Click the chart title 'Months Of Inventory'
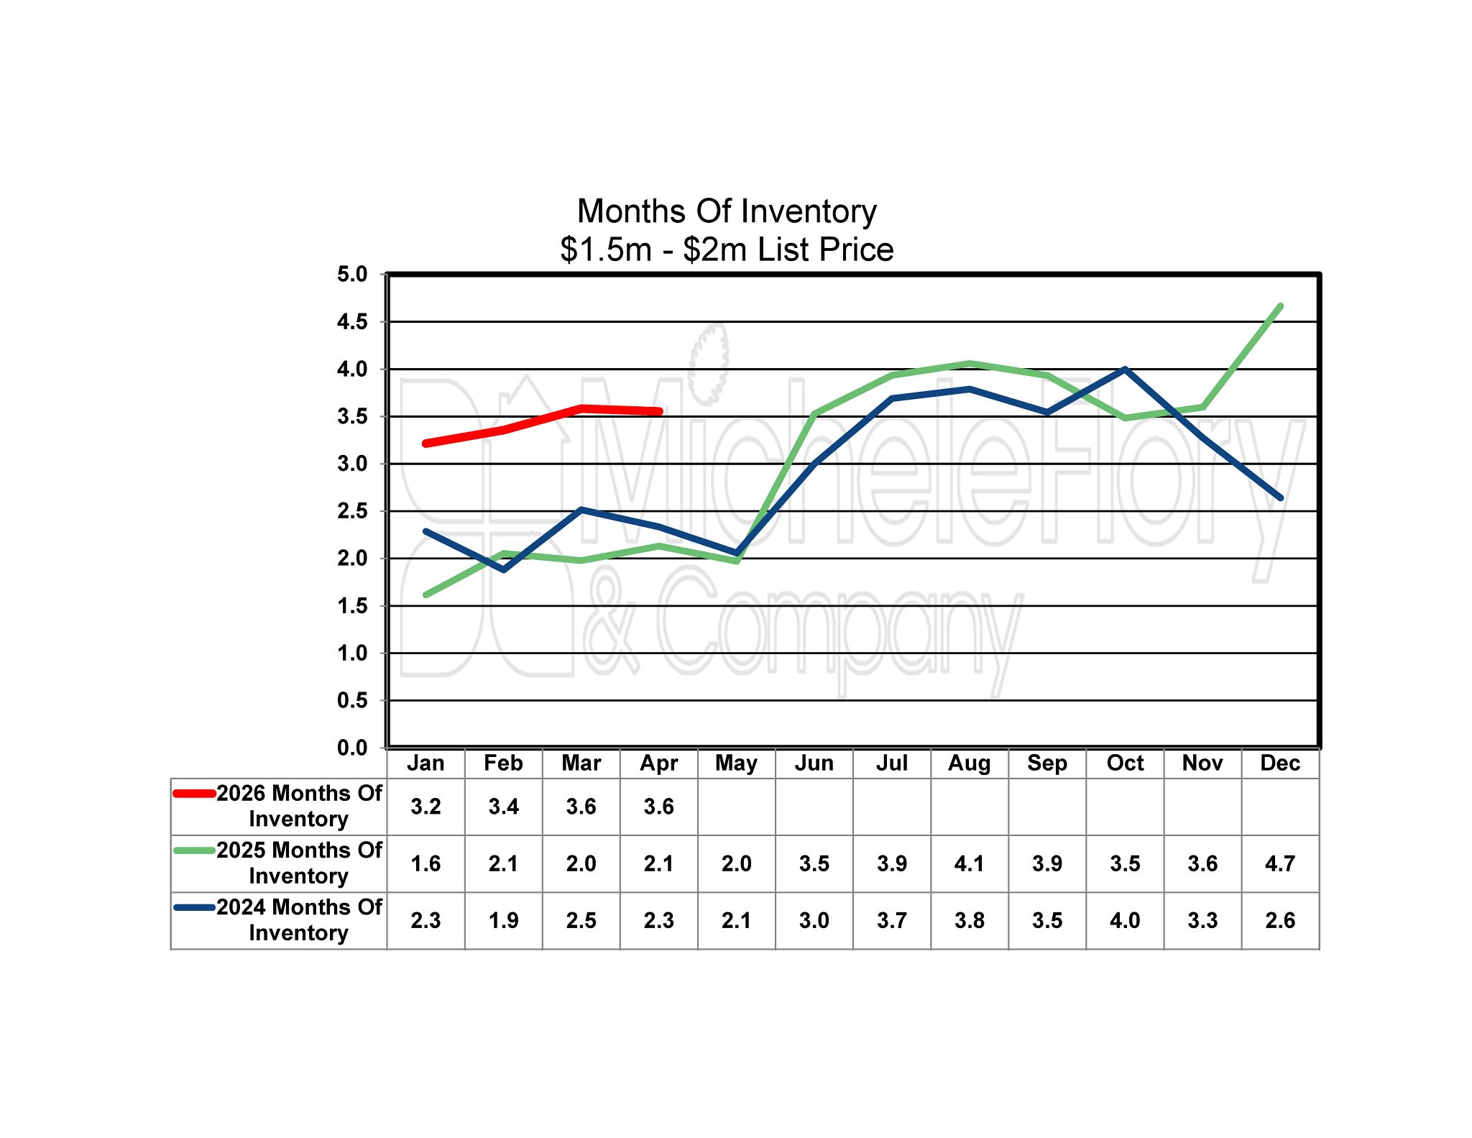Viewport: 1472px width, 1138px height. click(x=727, y=211)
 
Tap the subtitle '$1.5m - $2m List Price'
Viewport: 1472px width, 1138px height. click(x=727, y=249)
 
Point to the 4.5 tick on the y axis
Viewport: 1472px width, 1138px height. click(x=352, y=322)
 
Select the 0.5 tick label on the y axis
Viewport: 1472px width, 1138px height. click(x=352, y=701)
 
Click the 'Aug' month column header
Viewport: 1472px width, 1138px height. click(x=969, y=763)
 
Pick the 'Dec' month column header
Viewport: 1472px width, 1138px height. click(x=1280, y=763)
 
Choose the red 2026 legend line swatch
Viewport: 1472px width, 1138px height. click(x=195, y=794)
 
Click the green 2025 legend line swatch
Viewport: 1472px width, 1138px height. click(x=195, y=850)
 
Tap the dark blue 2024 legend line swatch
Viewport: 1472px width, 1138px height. click(x=195, y=907)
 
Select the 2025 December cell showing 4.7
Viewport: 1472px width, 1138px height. click(x=1280, y=863)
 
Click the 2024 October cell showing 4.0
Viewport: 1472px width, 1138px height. click(x=1125, y=920)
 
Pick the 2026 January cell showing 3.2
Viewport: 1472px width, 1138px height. click(x=425, y=807)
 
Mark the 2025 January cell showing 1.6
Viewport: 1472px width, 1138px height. click(x=425, y=863)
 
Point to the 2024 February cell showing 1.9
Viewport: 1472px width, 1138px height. click(x=503, y=920)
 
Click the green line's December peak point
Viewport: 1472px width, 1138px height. click(x=1280, y=306)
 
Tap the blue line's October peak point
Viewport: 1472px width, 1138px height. click(x=1125, y=370)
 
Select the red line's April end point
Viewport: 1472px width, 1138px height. click(x=658, y=411)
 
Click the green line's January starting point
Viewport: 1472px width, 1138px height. click(x=426, y=595)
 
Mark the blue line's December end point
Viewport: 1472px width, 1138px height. click(x=1280, y=497)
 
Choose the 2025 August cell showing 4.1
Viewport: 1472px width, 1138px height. click(x=969, y=863)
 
